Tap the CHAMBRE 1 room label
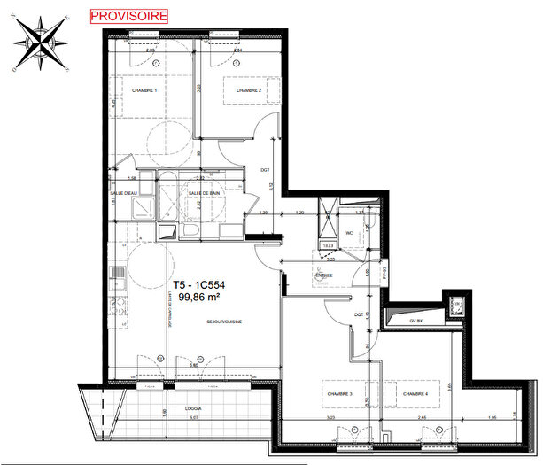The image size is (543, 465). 144,91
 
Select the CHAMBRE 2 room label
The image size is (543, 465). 247,90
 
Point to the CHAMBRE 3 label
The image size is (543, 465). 338,393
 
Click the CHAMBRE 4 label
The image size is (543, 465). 415,393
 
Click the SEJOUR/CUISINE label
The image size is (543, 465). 225,322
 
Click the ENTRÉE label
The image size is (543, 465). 323,275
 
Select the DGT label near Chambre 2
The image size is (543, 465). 264,170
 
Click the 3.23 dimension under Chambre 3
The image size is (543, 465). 330,416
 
